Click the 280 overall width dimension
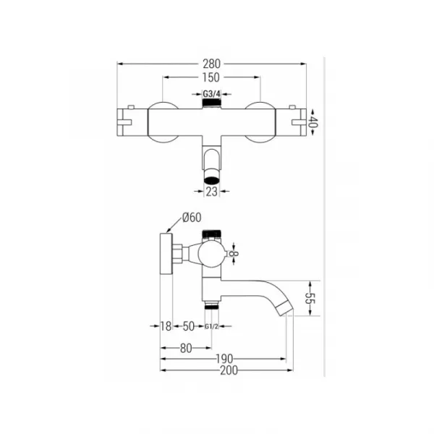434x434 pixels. pos(212,64)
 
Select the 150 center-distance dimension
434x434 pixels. pos(211,77)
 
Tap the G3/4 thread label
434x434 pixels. pos(212,94)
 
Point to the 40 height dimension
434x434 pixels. pos(312,122)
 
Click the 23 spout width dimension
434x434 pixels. pos(212,191)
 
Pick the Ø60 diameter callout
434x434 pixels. pos(192,217)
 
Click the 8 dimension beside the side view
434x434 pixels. pos(234,254)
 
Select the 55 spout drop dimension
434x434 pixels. pos(310,298)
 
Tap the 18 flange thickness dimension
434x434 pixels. pos(166,326)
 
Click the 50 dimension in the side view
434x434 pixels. pos(189,326)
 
